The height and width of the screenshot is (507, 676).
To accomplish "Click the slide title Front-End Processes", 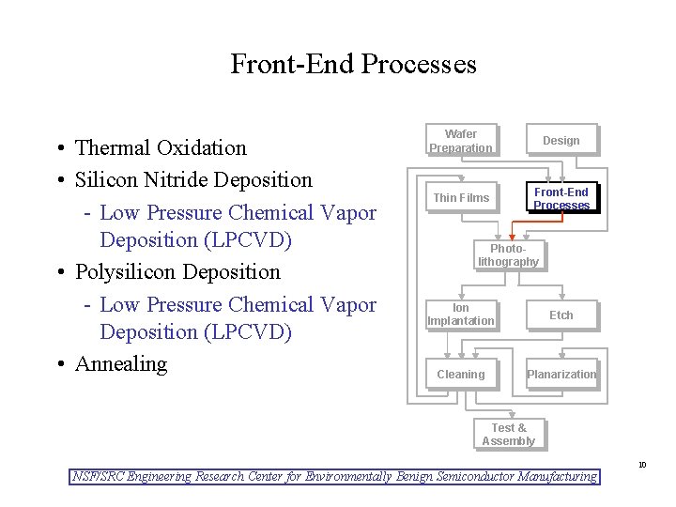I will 353,64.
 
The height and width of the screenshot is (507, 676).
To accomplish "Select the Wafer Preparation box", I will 460,141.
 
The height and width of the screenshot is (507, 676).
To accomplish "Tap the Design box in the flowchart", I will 561,141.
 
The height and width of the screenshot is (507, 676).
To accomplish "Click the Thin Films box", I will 460,197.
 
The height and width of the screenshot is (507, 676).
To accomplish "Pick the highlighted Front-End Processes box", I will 561,198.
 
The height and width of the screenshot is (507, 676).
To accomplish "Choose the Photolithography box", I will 508,255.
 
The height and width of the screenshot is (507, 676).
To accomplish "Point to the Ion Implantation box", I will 460,315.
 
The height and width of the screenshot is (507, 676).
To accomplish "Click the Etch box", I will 561,315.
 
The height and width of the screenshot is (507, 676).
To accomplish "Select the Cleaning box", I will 460,374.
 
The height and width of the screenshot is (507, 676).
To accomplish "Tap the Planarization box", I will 561,374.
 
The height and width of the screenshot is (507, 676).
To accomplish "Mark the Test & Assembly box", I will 508,435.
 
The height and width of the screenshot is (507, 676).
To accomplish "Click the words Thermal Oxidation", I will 161,148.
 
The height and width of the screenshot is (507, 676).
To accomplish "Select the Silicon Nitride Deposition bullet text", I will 193,179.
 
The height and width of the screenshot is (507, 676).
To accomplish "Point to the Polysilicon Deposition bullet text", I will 177,272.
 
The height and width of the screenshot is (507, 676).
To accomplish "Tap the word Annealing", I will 120,364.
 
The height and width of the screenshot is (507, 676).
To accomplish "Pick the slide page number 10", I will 642,465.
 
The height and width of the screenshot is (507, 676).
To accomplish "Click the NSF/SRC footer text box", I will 335,477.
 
